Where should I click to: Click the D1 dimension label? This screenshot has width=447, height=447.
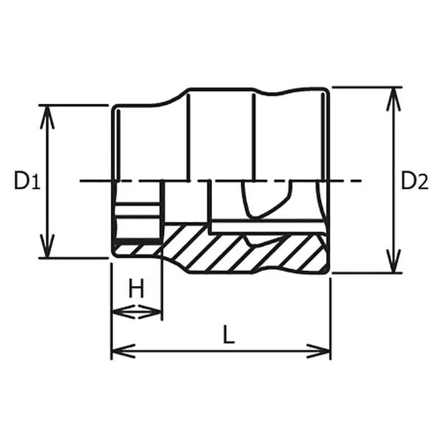coord(27,181)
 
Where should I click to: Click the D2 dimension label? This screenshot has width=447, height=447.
coord(415,181)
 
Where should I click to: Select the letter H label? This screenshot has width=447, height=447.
coord(136,289)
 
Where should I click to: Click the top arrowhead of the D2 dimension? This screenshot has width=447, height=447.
coord(394,97)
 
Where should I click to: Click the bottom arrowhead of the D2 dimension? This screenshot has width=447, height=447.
coord(394,263)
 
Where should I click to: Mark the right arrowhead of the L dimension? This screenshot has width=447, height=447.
coord(321,351)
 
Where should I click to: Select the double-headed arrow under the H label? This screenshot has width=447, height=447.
coord(137,312)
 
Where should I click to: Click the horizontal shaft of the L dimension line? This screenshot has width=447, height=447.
coord(223,351)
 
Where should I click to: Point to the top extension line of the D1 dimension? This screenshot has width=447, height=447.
coord(73,105)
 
